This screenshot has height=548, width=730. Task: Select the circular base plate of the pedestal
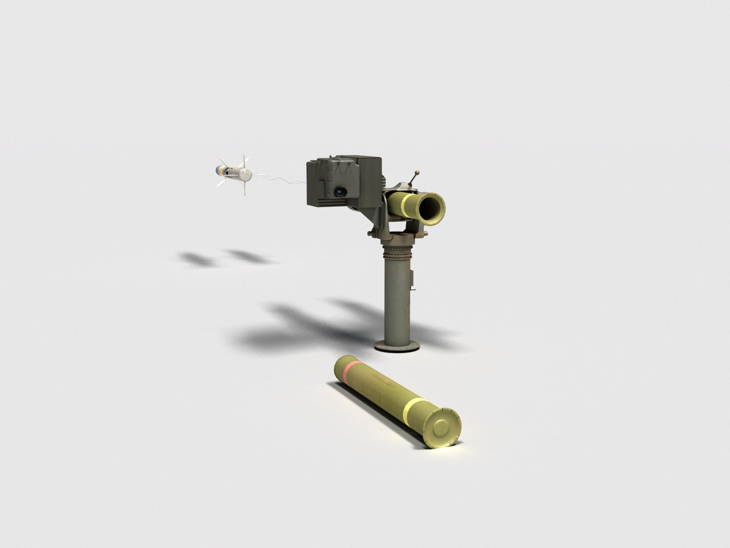click(x=398, y=347)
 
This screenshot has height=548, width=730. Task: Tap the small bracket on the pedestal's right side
click(x=413, y=279)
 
